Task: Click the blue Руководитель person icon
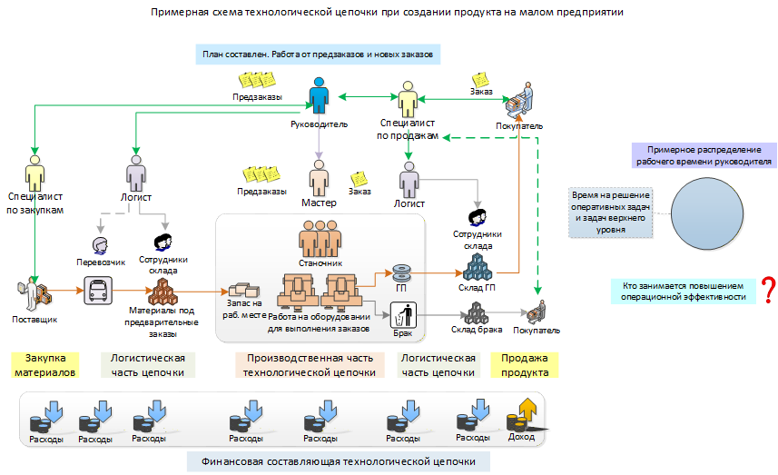[x=319, y=95]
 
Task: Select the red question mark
[x=769, y=291]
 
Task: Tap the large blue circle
[x=707, y=214]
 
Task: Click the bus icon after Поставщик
[x=98, y=291]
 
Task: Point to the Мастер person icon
[x=319, y=178]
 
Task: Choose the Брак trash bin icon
[x=403, y=314]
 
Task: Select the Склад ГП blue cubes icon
[x=478, y=267]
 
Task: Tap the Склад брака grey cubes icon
[x=477, y=313]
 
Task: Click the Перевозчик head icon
[x=100, y=246]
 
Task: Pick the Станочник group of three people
[x=320, y=239]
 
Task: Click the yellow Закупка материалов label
[x=45, y=365]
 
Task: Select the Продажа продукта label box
[x=525, y=365]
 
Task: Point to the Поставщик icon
[x=34, y=294]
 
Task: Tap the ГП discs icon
[x=401, y=272]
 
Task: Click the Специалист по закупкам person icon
[x=34, y=173]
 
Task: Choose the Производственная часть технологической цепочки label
[x=310, y=365]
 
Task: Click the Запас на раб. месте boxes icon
[x=243, y=290]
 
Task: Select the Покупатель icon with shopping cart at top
[x=519, y=101]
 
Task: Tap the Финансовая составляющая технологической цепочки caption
[x=339, y=461]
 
